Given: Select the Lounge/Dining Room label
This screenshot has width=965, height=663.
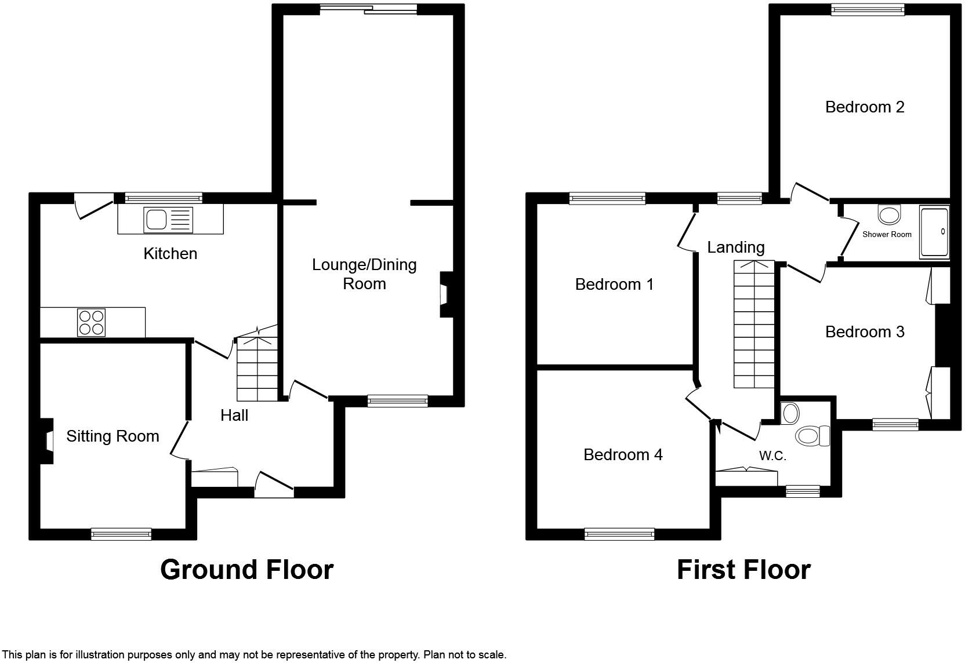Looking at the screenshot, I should pyautogui.click(x=364, y=274).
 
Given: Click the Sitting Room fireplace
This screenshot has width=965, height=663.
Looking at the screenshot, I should pyautogui.click(x=47, y=442).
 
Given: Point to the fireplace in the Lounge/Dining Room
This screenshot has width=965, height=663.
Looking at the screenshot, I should pyautogui.click(x=445, y=294).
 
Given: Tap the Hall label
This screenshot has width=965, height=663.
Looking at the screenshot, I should pyautogui.click(x=234, y=416).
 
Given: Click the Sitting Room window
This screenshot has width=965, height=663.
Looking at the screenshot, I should pyautogui.click(x=121, y=534).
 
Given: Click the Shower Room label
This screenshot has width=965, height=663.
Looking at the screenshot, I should pyautogui.click(x=887, y=235).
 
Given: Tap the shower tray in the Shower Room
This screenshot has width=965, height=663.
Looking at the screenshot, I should pyautogui.click(x=934, y=232).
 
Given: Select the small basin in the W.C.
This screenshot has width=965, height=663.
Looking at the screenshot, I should pyautogui.click(x=790, y=414).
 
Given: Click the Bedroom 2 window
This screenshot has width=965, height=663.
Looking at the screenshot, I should pyautogui.click(x=868, y=9).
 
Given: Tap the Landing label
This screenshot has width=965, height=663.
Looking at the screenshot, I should pyautogui.click(x=735, y=247).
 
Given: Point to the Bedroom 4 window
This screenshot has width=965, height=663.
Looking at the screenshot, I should pyautogui.click(x=619, y=534).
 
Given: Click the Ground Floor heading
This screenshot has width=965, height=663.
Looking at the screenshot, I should pyautogui.click(x=246, y=570).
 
